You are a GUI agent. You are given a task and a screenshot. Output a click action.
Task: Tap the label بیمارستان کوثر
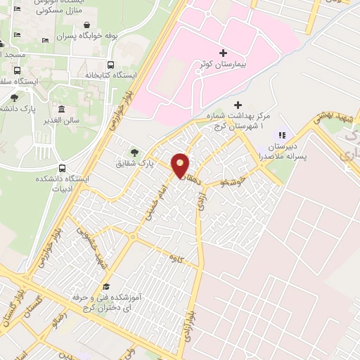click(x=224, y=65)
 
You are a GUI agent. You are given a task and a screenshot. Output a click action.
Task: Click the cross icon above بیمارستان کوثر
click(x=224, y=53)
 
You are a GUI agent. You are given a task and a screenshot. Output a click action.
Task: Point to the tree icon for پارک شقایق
click(x=134, y=152)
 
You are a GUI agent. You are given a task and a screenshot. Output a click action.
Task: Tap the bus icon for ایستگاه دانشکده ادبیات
click(x=63, y=169)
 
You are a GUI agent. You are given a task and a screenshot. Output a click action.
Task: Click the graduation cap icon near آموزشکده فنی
click(x=106, y=286)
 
